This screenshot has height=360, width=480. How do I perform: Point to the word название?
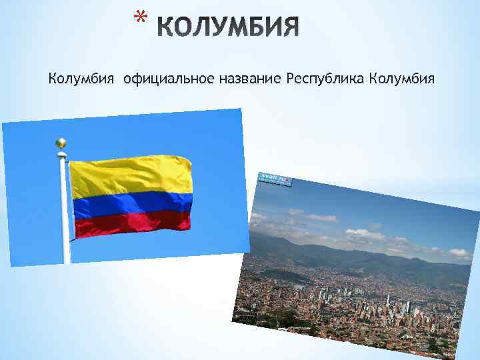coord(249,79)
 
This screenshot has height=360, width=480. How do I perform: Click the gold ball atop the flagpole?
coord(61,143)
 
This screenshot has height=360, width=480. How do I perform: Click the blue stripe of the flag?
coord(132,204)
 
